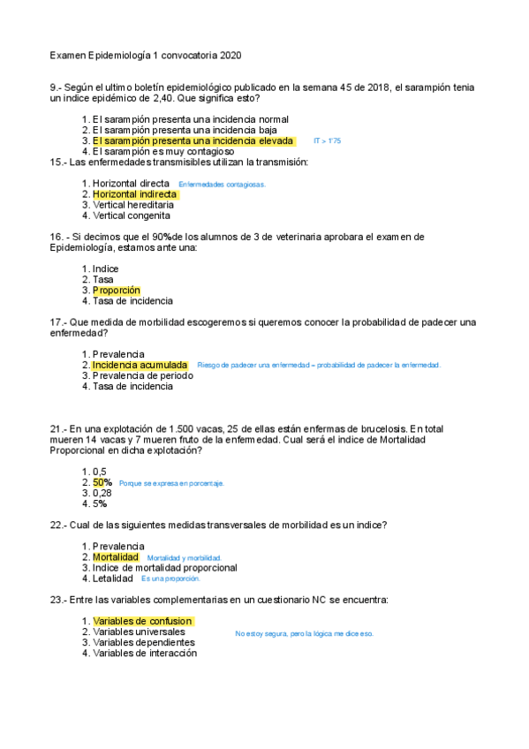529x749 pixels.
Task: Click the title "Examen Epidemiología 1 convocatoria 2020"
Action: point(145,56)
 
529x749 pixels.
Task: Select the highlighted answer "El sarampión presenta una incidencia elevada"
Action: point(193,140)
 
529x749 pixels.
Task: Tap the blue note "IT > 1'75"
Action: point(327,141)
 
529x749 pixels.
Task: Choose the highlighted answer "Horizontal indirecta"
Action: point(134,194)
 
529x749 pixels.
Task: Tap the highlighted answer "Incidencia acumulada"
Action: point(140,365)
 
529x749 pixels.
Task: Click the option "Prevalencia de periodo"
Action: point(143,375)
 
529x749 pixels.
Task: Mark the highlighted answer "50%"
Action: point(102,482)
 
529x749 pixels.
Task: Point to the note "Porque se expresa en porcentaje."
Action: point(171,484)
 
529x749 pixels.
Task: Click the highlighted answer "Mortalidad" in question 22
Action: point(116,557)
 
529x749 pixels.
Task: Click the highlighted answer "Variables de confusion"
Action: point(141,622)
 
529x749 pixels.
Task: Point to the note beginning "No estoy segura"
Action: point(304,633)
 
